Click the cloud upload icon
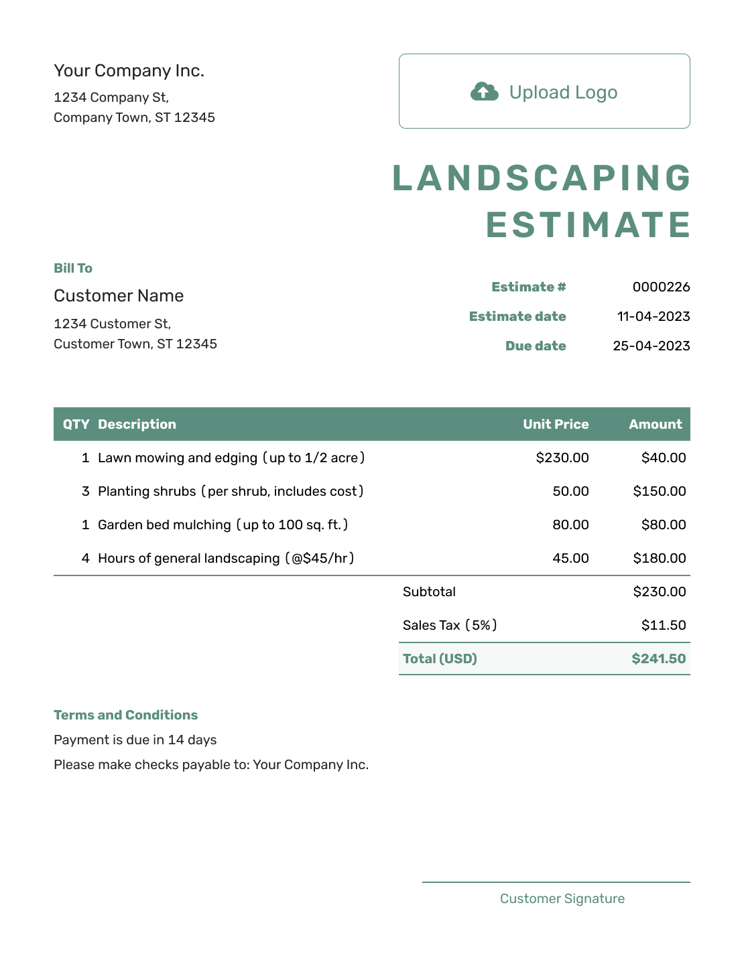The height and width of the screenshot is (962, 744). point(484,92)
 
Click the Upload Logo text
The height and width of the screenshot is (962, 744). point(563,92)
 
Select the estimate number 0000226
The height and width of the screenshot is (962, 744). point(661,287)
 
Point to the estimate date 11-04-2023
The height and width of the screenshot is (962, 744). point(653,317)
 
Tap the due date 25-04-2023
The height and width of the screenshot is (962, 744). point(651,346)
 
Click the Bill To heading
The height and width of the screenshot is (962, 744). point(73,269)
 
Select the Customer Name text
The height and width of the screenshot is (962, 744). point(119,296)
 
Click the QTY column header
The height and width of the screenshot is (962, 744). point(76,425)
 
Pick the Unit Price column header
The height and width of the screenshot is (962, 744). point(556,425)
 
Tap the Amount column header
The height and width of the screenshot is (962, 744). point(655,425)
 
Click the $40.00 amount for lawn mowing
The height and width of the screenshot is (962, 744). point(663,458)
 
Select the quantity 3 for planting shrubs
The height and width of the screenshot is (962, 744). point(86,492)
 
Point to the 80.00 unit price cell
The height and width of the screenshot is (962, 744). point(570,525)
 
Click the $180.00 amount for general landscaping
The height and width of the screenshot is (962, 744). point(659,559)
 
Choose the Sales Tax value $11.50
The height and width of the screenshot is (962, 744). point(663,626)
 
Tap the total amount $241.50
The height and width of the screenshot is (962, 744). point(658,659)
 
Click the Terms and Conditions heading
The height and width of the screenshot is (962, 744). point(125,715)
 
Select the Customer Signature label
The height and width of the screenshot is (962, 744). point(562,899)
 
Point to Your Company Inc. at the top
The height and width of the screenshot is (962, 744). point(129,71)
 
